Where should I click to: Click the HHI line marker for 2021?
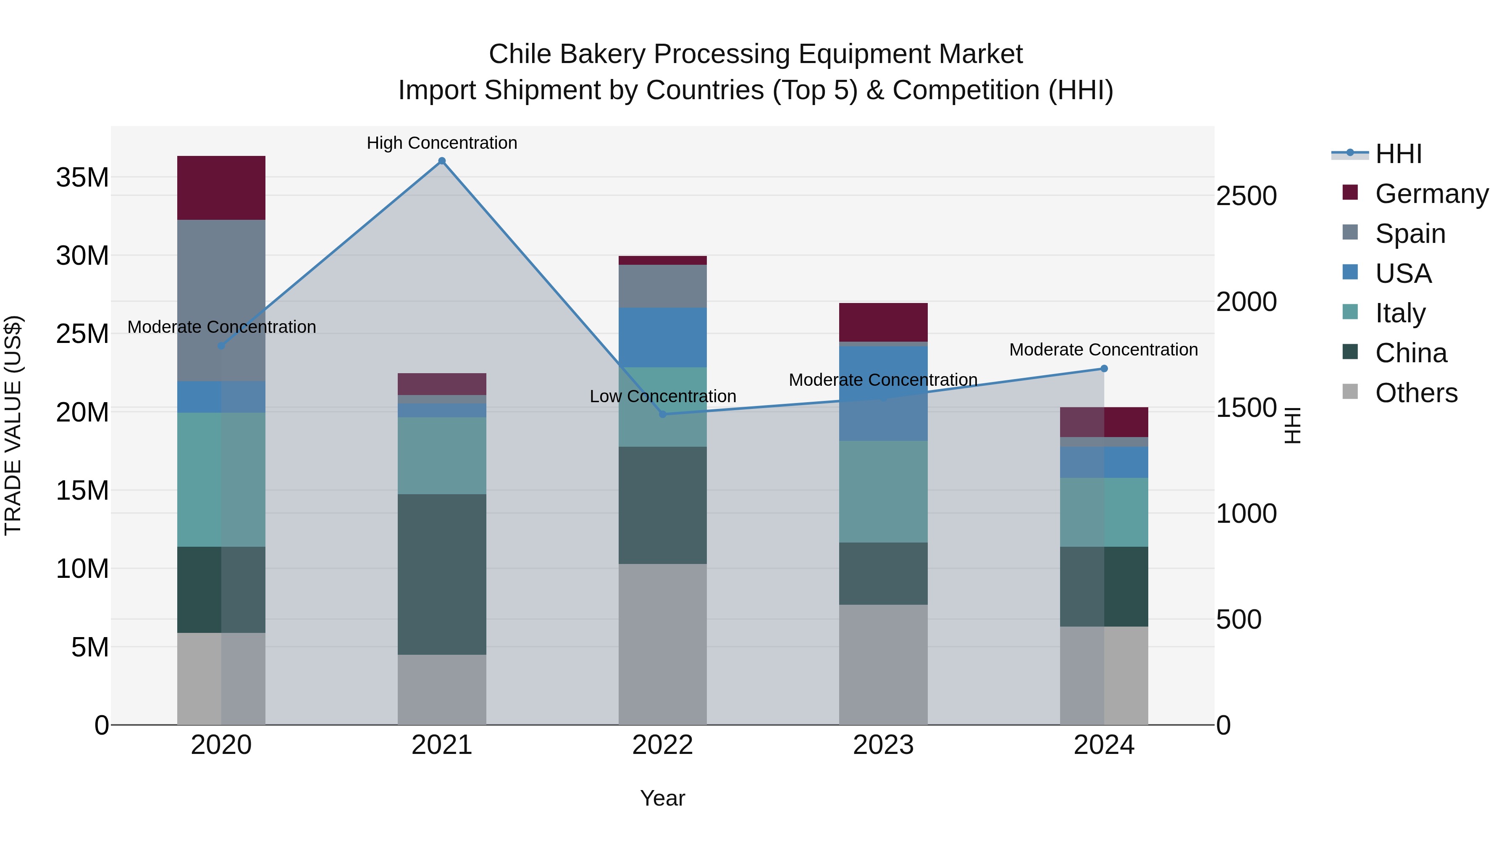(442, 161)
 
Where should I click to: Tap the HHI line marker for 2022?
(663, 414)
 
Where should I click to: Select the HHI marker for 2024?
(1104, 369)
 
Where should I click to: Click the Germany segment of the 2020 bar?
(221, 188)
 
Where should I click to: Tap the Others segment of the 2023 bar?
(883, 664)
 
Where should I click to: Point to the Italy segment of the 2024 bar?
(1104, 512)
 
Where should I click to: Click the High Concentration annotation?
(442, 143)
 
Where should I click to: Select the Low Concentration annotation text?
(663, 396)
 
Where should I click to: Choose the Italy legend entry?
(1400, 313)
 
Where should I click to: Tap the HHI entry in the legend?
(1398, 154)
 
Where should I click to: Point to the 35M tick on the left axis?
(82, 177)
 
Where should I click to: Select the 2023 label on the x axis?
(883, 745)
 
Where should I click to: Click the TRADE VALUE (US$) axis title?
(13, 425)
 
